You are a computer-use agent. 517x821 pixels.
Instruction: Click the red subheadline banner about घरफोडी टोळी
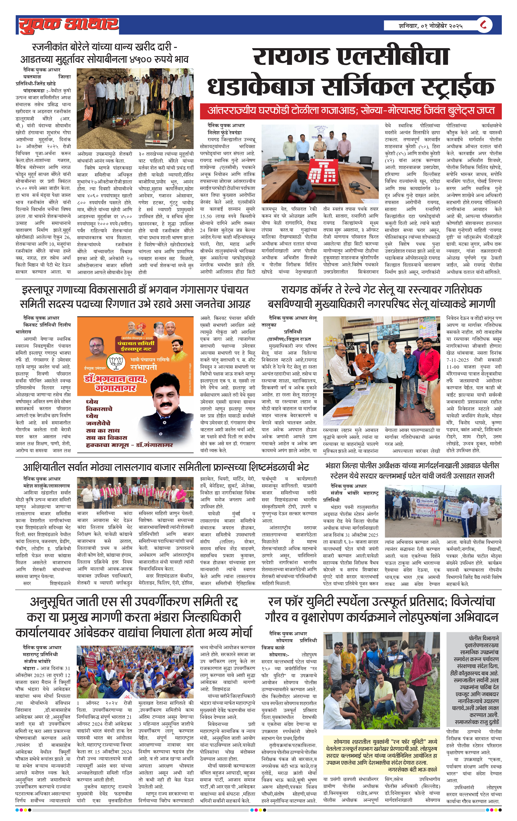click(351, 111)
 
